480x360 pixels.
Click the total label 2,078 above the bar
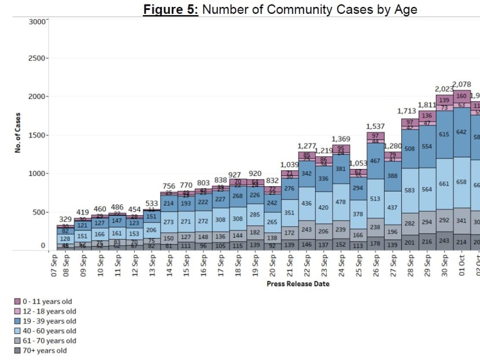(x=461, y=85)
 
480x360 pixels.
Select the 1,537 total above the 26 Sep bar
(x=375, y=126)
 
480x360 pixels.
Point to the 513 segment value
(x=375, y=199)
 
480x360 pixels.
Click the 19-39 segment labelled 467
(x=375, y=160)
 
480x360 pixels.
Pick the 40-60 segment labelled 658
(x=461, y=182)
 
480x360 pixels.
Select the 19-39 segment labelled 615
(x=444, y=134)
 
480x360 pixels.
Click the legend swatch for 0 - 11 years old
(x=17, y=302)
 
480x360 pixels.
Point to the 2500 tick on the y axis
(x=38, y=58)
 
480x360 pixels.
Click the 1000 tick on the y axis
(x=38, y=174)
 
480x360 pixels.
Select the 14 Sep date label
(x=169, y=266)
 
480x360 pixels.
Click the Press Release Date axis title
(x=298, y=284)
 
